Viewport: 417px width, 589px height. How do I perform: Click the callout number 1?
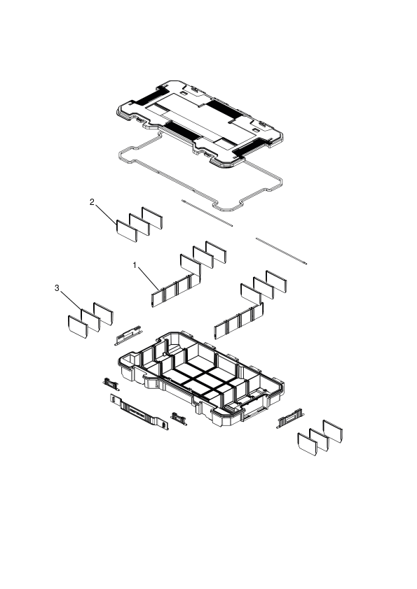[x=135, y=265]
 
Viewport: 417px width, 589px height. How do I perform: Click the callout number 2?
[x=92, y=202]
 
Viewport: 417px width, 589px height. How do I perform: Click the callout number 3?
[x=57, y=288]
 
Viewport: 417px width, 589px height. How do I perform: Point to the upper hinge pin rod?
[x=207, y=213]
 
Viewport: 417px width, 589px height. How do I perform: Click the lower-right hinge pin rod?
[x=281, y=251]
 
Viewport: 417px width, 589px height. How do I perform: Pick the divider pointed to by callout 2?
[x=126, y=231]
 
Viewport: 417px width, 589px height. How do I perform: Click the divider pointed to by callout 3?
[x=90, y=320]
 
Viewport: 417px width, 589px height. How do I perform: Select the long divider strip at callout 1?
[x=176, y=290]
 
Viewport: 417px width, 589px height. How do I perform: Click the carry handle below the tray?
[x=139, y=412]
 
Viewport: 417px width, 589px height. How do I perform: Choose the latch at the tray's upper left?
[x=130, y=335]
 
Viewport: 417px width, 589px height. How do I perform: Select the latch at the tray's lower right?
[x=290, y=418]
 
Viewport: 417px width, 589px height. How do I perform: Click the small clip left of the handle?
[x=111, y=384]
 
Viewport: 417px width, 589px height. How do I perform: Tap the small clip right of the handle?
[x=179, y=418]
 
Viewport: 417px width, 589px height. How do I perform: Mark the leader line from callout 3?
[x=71, y=301]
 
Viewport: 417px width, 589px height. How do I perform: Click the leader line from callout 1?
[x=149, y=278]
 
